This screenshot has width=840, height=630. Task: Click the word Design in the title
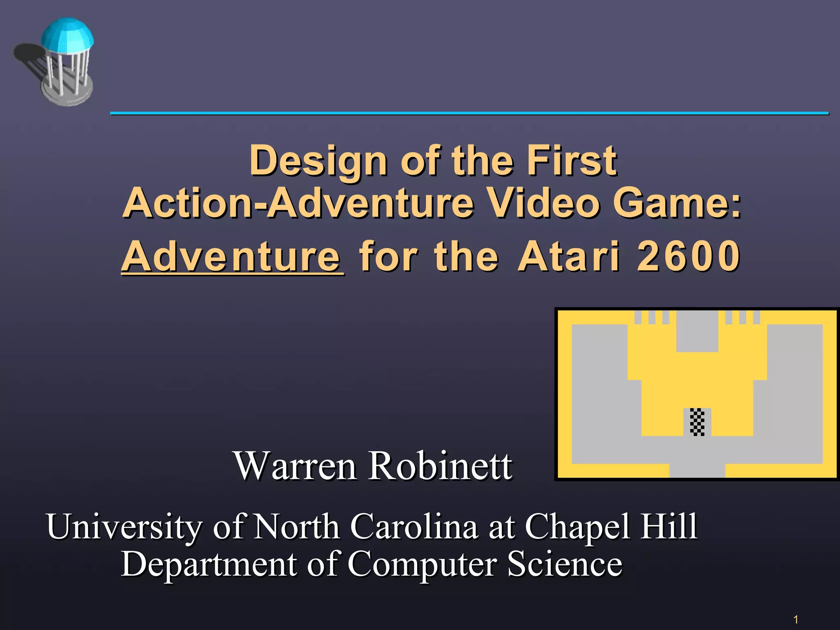318,161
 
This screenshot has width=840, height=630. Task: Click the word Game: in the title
677,203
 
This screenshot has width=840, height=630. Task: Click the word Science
564,564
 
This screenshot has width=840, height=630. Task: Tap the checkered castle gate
697,422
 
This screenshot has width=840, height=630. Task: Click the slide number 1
796,619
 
